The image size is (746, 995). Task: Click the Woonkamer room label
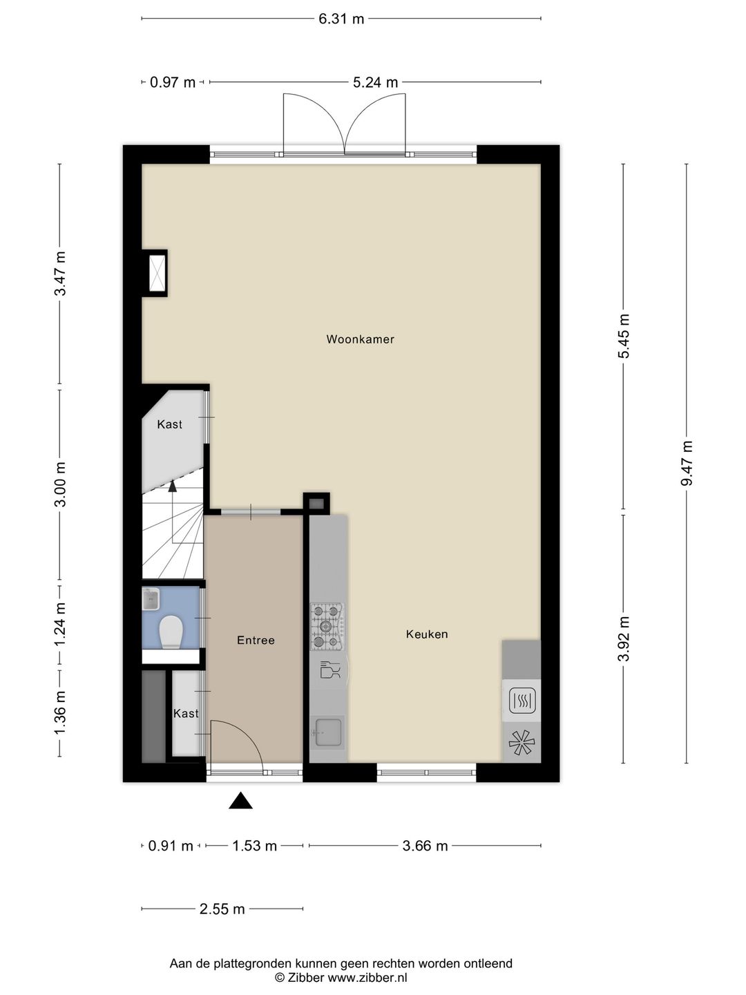point(360,339)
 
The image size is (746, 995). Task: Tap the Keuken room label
point(427,634)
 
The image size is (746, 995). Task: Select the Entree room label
point(256,641)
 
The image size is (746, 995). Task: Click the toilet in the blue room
point(171,632)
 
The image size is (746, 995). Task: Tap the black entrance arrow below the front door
point(240,801)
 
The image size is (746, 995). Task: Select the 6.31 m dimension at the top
point(341,19)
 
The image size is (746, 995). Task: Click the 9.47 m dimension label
point(687,463)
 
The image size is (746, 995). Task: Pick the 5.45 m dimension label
point(624,337)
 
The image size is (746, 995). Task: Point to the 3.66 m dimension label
point(425,846)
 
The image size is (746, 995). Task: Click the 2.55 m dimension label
point(222,909)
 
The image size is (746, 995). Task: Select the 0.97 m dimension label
point(173,83)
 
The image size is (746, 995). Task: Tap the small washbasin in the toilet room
point(151,598)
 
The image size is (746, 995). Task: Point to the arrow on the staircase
point(173,485)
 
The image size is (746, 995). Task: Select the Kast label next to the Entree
point(186,714)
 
